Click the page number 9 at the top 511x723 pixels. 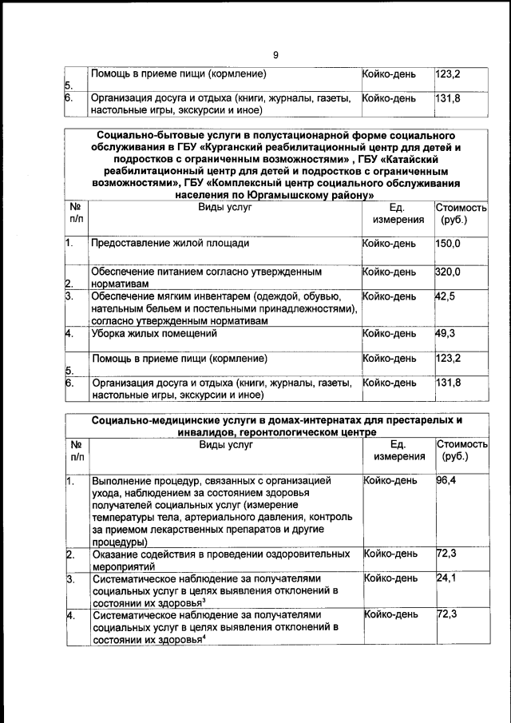[x=275, y=55]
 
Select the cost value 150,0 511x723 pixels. [x=448, y=243]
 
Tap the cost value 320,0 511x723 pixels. [x=448, y=272]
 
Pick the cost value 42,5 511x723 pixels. [x=446, y=296]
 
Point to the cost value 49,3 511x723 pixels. [x=446, y=333]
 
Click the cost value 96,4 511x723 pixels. [x=446, y=480]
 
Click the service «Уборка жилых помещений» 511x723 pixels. [x=155, y=333]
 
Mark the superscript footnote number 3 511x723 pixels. [x=204, y=599]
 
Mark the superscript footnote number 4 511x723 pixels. [x=204, y=636]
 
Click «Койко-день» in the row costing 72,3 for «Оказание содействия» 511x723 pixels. [x=390, y=554]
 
